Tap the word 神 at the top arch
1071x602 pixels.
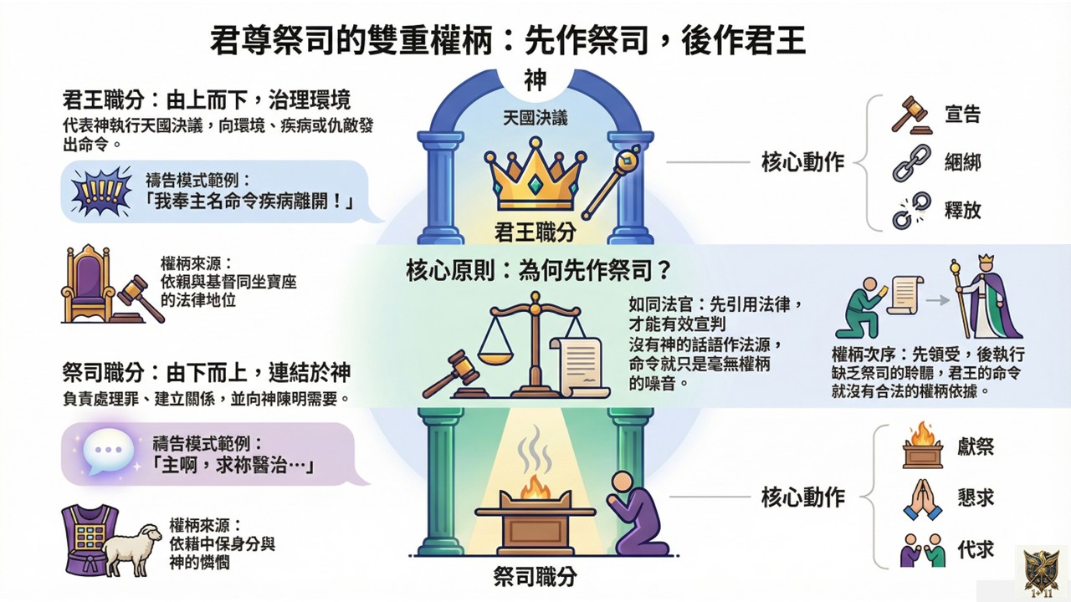click(x=535, y=80)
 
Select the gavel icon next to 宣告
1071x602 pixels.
click(x=910, y=115)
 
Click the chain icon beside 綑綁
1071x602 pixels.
click(x=910, y=163)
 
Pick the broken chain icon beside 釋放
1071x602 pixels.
click(x=910, y=210)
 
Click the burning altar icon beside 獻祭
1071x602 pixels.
click(x=922, y=446)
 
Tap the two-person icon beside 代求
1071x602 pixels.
click(x=922, y=550)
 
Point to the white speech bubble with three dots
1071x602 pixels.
click(x=110, y=452)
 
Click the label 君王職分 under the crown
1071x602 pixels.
click(x=534, y=232)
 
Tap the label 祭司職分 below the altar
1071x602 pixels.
click(x=535, y=577)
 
